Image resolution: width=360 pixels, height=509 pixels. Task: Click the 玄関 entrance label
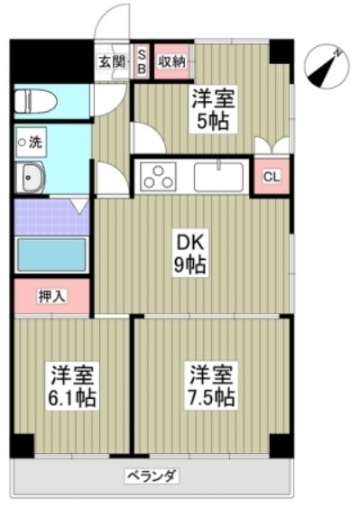(112, 61)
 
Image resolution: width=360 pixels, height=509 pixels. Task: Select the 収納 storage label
(171, 61)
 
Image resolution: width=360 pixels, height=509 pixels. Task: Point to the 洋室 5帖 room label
(213, 108)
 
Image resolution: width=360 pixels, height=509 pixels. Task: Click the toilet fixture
(36, 102)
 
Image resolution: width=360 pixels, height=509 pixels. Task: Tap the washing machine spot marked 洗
(32, 143)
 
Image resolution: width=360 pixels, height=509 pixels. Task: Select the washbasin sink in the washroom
(29, 178)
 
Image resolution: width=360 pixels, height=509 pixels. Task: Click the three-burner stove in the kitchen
(158, 177)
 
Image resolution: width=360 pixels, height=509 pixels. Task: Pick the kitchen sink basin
(218, 177)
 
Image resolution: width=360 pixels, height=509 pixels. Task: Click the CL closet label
(272, 177)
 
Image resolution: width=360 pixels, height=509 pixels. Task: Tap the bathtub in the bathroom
(51, 255)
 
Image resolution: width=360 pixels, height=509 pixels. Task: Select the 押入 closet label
(52, 296)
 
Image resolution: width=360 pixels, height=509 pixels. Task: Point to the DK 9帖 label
(189, 254)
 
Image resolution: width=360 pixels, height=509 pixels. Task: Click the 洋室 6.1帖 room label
(72, 386)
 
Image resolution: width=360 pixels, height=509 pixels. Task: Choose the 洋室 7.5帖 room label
(211, 386)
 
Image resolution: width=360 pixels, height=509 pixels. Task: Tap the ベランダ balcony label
(152, 477)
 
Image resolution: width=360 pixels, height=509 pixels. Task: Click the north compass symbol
(328, 66)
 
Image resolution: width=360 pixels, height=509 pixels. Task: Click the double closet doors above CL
(272, 144)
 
